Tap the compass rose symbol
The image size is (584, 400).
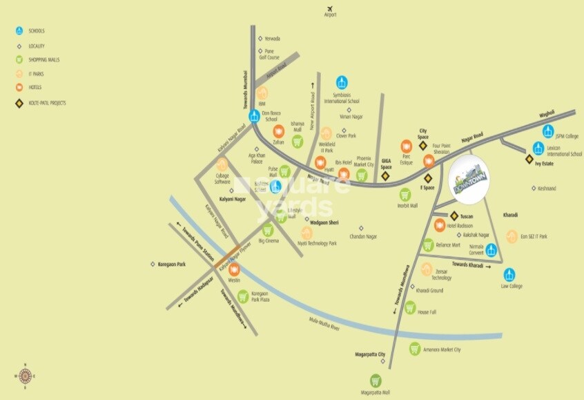26,375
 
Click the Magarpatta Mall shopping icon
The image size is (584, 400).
376,380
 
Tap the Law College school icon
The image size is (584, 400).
509,274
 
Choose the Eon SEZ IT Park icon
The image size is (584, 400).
512,236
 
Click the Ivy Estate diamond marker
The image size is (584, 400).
528,159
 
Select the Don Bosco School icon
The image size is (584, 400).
255,115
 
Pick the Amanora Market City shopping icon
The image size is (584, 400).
415,349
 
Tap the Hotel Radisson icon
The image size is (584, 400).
440,225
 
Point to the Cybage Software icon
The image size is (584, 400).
222,164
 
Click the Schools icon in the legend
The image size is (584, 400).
19,31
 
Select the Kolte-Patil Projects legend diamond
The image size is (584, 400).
19,103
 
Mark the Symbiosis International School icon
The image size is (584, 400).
341,83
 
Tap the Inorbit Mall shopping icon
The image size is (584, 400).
405,194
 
